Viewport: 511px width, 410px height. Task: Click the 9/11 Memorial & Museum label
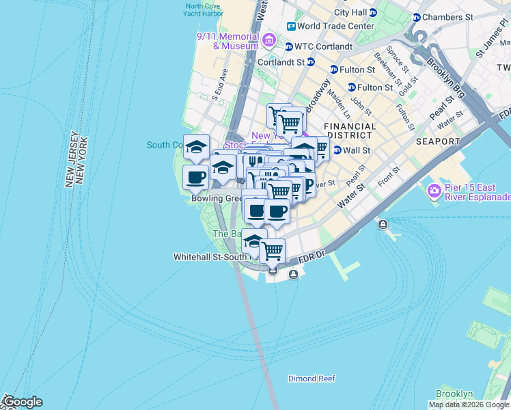click(227, 40)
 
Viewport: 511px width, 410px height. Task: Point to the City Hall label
click(350, 12)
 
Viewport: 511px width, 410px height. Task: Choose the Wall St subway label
click(356, 150)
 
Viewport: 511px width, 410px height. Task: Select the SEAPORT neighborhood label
click(438, 141)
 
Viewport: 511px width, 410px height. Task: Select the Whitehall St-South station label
click(208, 257)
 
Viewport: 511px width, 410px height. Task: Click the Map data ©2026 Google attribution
click(469, 405)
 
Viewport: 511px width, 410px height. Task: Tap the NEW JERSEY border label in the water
click(70, 159)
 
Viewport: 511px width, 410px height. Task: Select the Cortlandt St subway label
click(281, 61)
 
